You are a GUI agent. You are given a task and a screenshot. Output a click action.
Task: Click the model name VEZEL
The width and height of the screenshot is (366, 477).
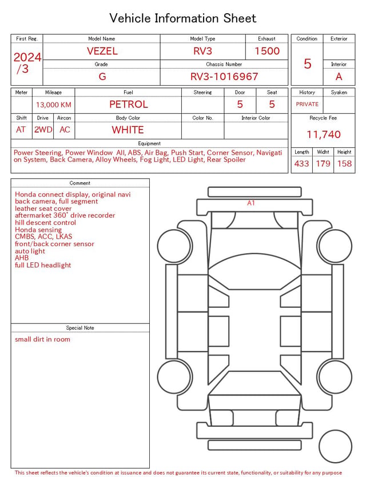coord(102,51)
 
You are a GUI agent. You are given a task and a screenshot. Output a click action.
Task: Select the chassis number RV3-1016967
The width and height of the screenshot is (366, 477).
coord(224,77)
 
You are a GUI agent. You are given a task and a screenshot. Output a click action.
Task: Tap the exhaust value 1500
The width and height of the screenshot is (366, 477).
coord(267,51)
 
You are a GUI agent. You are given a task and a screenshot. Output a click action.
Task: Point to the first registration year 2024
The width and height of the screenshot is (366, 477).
coord(27,57)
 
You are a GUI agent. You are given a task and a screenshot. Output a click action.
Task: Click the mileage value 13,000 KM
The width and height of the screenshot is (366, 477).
coord(54,105)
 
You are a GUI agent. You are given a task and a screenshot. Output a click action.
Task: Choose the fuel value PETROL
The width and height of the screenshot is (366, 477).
coord(129,105)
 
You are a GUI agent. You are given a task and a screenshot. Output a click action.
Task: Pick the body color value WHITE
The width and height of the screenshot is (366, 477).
coord(128,130)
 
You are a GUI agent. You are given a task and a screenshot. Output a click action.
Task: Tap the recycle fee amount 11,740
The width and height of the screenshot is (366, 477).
coord(323,134)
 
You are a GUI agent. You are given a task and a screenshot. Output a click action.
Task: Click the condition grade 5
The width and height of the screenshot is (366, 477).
coord(308,63)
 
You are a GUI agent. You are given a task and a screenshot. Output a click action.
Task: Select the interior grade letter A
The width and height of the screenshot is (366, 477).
coord(339,77)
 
